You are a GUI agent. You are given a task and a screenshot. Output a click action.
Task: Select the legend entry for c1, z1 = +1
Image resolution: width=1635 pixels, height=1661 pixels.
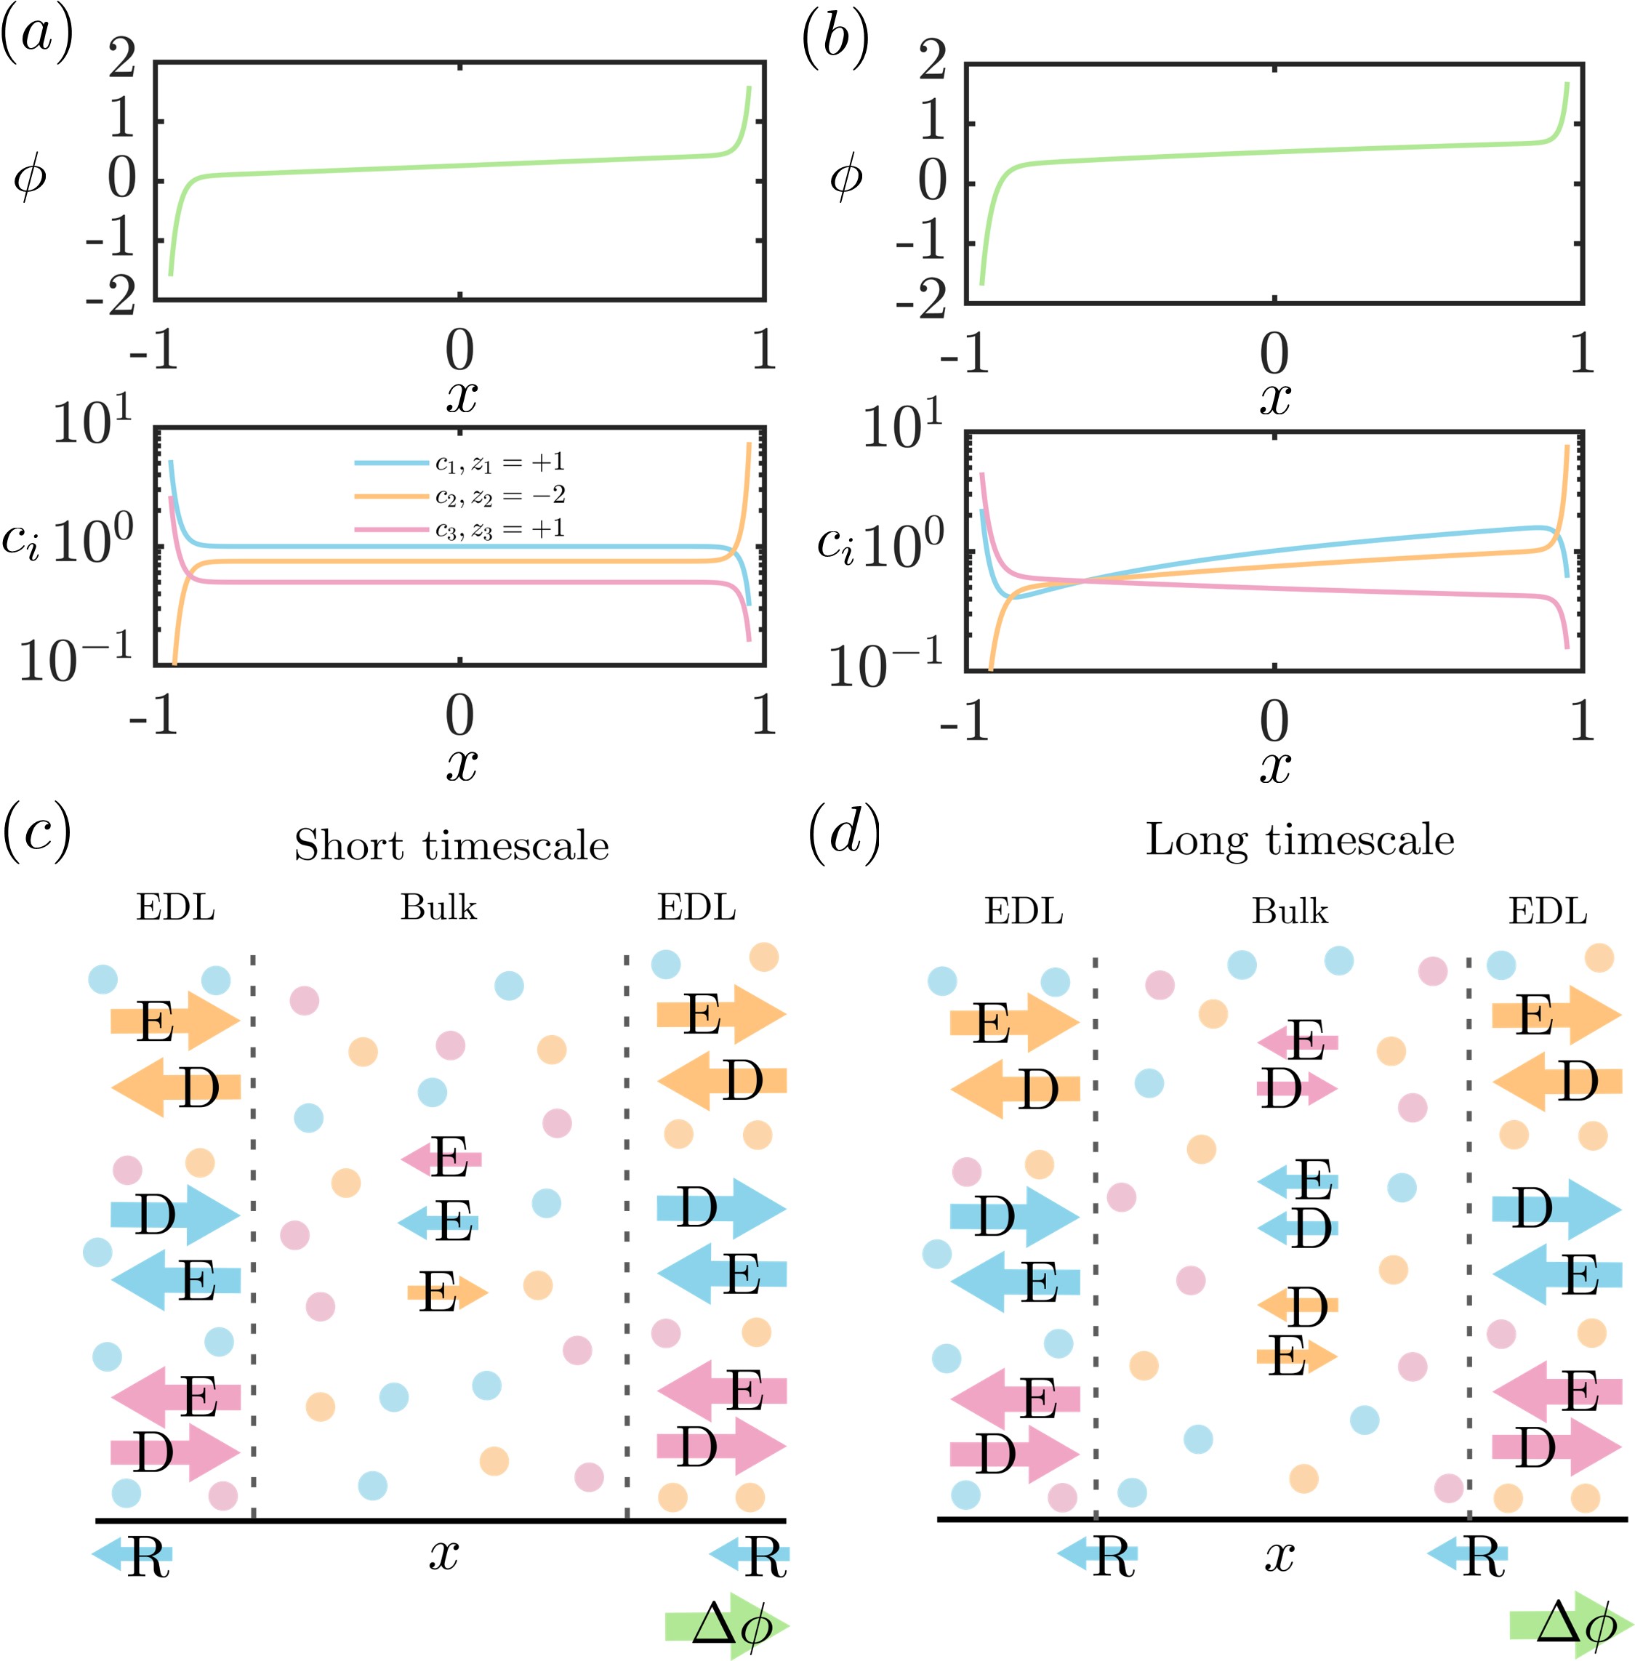[459, 463]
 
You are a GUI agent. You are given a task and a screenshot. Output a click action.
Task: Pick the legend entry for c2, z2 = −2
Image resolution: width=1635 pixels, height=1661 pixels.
[459, 496]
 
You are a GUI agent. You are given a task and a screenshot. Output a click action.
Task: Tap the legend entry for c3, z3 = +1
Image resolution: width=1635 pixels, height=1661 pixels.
[459, 528]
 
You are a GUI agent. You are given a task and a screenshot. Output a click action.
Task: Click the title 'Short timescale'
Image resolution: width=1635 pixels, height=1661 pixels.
[451, 845]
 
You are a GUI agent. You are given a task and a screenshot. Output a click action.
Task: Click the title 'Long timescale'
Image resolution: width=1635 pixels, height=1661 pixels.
[1300, 840]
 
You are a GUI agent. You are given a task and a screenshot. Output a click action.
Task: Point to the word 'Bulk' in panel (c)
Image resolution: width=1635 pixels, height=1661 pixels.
[438, 908]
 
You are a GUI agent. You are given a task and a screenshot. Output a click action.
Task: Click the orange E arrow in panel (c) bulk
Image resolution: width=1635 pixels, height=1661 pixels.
[446, 1292]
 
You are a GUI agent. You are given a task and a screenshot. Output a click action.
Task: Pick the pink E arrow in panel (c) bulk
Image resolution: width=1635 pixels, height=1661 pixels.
[441, 1159]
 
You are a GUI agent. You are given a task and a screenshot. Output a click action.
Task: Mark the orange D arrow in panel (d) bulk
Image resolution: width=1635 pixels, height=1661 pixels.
[1297, 1306]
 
